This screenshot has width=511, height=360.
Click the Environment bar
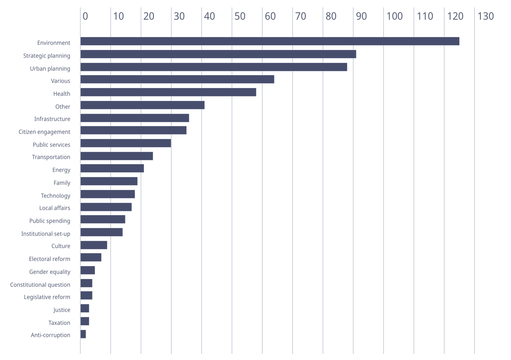coord(270,41)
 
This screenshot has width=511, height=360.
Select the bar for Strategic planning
coord(218,54)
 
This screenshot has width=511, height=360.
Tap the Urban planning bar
coord(214,67)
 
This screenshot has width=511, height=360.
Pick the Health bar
coord(168,92)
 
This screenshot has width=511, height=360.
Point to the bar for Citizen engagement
coord(134,130)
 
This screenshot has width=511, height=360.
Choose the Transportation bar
coord(116,156)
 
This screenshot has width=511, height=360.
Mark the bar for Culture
coord(94,245)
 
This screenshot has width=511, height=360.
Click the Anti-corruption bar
coord(83,334)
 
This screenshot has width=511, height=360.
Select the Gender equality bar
coord(88,270)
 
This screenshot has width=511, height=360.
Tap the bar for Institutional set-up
coord(102,232)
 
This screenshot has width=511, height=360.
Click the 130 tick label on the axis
coord(486,16)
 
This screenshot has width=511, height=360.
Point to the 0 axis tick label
coord(85,16)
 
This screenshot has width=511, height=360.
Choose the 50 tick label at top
coord(240,16)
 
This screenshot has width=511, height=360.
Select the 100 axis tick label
coord(395,16)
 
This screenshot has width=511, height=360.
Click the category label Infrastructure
coord(52,119)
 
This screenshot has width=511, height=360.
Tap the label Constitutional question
coord(40,285)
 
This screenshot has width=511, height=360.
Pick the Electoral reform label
coord(49,259)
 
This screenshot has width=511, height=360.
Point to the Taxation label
coord(59,323)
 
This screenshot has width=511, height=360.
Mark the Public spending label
coord(50,221)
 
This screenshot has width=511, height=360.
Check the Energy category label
coord(61,170)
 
